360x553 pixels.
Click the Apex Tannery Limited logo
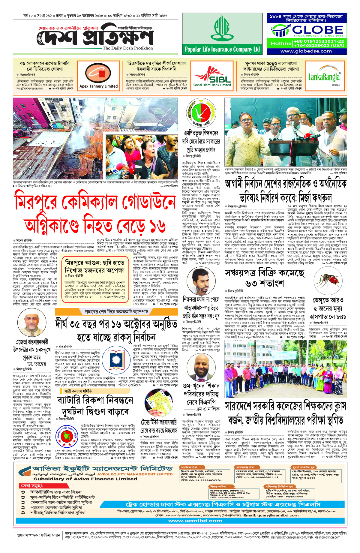click(x=98, y=74)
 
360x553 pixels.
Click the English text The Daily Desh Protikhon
click(x=127, y=48)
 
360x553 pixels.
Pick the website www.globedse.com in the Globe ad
click(x=306, y=51)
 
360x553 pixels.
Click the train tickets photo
click(x=158, y=404)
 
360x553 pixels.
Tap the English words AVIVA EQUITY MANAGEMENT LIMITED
click(x=135, y=474)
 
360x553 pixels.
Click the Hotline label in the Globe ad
click(x=281, y=44)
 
